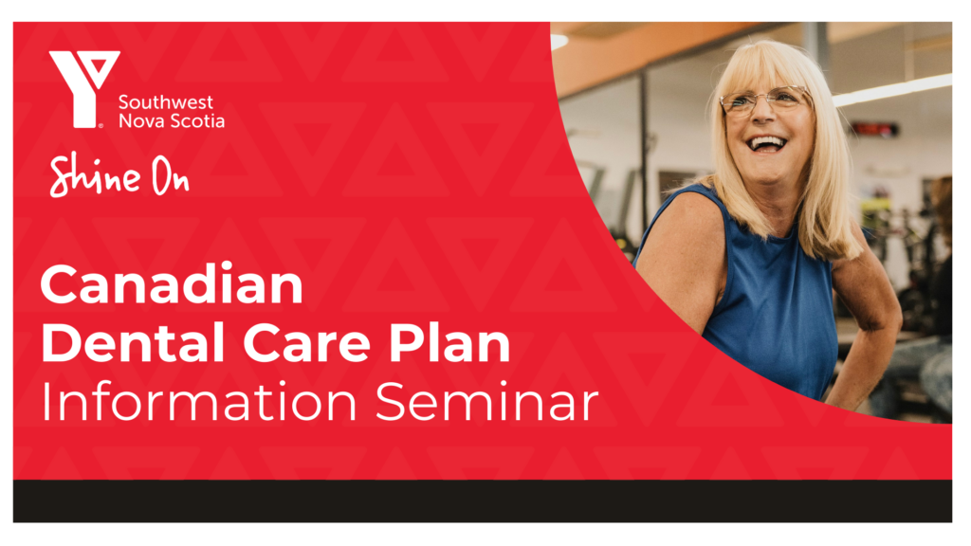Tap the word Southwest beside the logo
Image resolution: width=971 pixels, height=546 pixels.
[165, 102]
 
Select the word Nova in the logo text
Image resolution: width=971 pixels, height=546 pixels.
[139, 120]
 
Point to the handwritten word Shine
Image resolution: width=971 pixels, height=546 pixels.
[95, 176]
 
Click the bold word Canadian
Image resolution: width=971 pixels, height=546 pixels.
[172, 284]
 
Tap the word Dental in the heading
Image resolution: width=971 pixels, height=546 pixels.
[133, 342]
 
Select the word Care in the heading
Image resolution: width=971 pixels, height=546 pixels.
[306, 343]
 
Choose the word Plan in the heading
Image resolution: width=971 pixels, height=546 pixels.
[449, 342]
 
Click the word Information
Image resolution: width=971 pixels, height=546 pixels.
[199, 401]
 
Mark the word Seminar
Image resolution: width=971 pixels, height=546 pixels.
[487, 401]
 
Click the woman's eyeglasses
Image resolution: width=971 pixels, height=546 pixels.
[765, 100]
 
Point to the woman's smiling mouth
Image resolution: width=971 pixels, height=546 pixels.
[766, 145]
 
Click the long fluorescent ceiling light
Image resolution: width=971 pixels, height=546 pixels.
[891, 90]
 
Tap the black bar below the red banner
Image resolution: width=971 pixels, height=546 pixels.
[483, 500]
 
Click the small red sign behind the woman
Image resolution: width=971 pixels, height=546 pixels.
[873, 129]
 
